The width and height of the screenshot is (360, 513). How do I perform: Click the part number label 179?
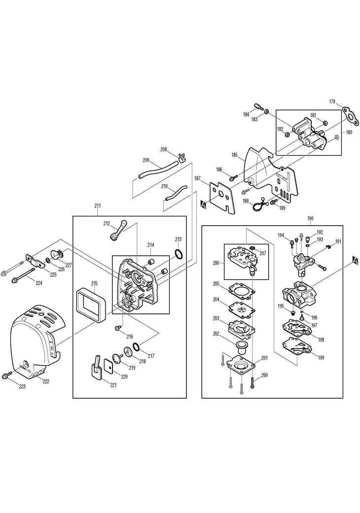332,102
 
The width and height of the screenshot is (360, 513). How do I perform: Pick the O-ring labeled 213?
180,255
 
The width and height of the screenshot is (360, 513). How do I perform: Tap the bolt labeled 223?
7,376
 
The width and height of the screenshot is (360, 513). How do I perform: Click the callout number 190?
310,217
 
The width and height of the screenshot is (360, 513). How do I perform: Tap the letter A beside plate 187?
203,203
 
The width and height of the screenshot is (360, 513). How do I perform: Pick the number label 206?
216,263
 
